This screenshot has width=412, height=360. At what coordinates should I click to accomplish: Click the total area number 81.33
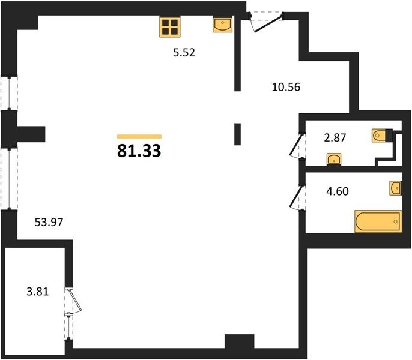(x=139, y=151)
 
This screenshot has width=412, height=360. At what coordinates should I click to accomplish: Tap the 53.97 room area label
(x=49, y=223)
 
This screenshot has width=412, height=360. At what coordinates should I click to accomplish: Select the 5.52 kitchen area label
(x=184, y=53)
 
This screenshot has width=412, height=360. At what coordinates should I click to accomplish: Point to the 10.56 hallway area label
(x=286, y=87)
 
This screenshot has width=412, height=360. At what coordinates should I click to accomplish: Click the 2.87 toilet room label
(x=335, y=137)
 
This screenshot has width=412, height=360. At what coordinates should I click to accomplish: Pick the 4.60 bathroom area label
(x=338, y=191)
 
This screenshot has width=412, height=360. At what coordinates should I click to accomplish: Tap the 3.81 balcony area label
(x=38, y=292)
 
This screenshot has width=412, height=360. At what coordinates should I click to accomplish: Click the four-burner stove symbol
(x=170, y=27)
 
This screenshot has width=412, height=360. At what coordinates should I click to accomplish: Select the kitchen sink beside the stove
(x=223, y=25)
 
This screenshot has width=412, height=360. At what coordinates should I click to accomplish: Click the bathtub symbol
(x=378, y=221)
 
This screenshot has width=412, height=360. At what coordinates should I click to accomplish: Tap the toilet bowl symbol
(x=379, y=136)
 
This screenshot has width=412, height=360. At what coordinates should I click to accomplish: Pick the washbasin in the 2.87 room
(x=334, y=159)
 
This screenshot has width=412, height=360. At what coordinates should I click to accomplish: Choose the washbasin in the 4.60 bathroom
(x=395, y=188)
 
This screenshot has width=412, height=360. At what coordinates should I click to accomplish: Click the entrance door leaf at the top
(x=268, y=24)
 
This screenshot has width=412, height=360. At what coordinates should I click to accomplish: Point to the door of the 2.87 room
(x=296, y=145)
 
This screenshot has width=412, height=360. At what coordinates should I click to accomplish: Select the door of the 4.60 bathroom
(x=296, y=196)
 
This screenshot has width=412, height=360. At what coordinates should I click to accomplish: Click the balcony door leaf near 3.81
(x=76, y=300)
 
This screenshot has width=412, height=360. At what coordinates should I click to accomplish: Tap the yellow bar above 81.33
(x=139, y=136)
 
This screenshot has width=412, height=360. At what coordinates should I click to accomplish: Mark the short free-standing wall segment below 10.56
(x=238, y=134)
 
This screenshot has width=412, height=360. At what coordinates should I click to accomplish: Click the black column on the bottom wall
(x=240, y=341)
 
